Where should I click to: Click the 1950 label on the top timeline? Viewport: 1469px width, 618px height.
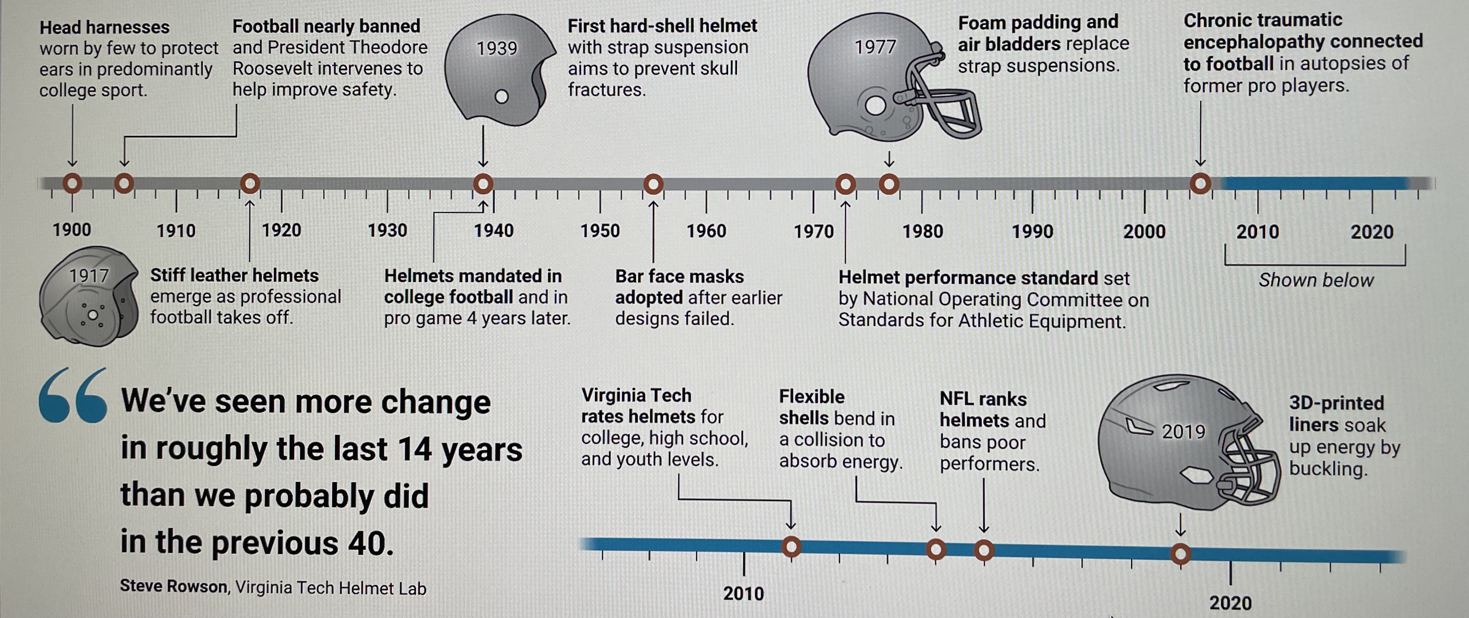point(600,231)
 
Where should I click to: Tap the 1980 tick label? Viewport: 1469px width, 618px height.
point(923,232)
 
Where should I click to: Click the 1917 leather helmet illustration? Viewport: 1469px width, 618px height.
point(88,297)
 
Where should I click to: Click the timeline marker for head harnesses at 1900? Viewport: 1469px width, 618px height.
point(72,184)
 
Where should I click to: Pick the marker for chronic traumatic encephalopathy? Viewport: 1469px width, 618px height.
point(1200,184)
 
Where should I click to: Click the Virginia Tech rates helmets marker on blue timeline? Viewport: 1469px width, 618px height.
point(791,547)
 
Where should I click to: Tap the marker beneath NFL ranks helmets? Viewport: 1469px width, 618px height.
point(984,550)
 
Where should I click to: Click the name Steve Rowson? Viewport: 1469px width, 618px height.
point(173,586)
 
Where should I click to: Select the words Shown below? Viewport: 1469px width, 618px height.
point(1316,280)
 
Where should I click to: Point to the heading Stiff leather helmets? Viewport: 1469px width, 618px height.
point(234,275)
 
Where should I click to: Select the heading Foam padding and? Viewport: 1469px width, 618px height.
point(1038,22)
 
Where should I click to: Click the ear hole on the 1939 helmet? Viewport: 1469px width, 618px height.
point(502,96)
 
